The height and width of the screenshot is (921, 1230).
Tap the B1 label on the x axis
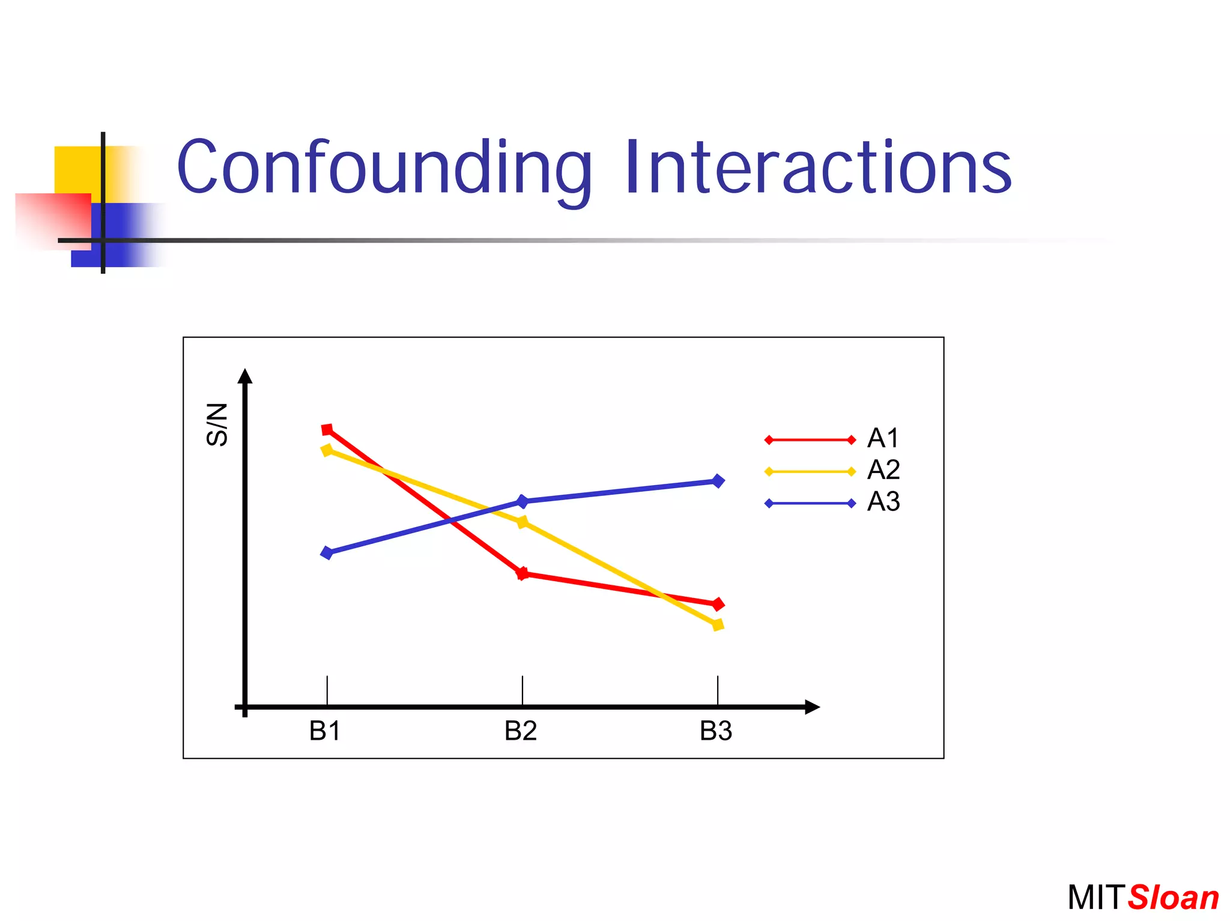point(325,731)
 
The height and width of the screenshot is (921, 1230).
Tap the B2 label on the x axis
point(520,731)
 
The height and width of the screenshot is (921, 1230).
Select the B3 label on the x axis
point(716,731)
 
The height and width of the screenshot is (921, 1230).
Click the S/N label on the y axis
point(217,424)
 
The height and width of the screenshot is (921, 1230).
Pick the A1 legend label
point(883,438)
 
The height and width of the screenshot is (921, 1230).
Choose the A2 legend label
point(883,470)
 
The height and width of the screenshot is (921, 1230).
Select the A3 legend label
point(883,501)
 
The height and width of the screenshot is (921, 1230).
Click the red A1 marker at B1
point(327,430)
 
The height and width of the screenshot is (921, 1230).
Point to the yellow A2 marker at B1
point(327,450)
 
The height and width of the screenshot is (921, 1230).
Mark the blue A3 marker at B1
point(327,552)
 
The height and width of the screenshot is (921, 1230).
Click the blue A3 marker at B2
point(523,501)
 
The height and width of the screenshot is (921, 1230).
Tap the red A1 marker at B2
point(523,573)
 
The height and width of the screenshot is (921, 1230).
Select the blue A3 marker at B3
point(718,481)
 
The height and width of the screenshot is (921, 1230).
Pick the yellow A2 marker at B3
point(718,625)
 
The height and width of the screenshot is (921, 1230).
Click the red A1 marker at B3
point(718,604)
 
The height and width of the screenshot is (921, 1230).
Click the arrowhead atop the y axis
point(244,376)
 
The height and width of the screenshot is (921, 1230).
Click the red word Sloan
point(1173,898)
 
